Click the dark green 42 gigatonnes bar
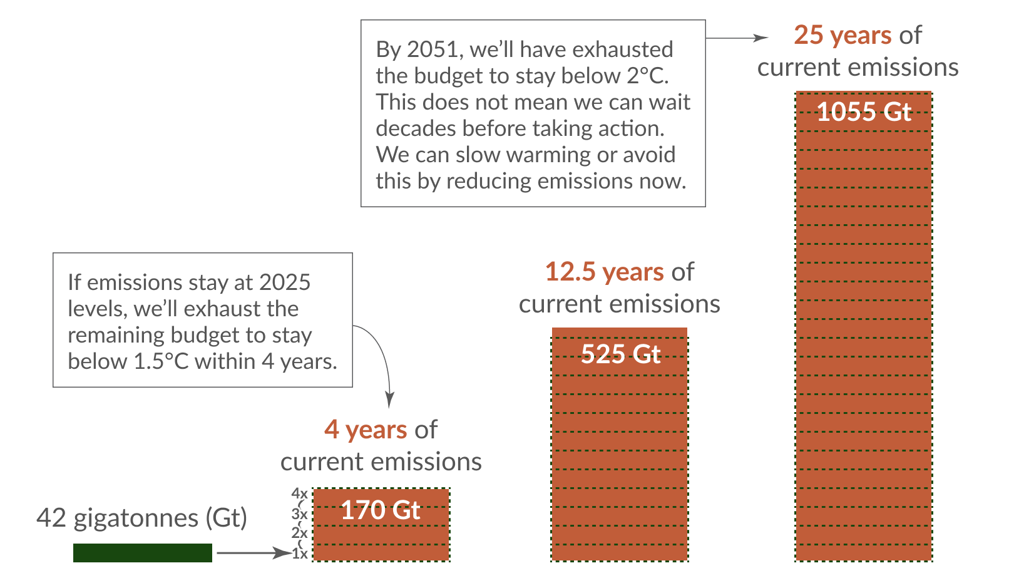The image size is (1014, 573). [x=142, y=552]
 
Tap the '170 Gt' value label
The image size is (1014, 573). [x=380, y=510]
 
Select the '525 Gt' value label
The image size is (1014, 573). [x=620, y=354]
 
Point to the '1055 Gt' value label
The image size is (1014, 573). [x=864, y=112]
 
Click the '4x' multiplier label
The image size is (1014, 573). [x=299, y=493]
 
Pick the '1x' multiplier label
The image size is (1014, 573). [x=300, y=554]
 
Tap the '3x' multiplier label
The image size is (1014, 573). [x=299, y=514]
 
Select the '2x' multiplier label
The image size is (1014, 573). [x=299, y=533]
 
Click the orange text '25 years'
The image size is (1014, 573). [x=842, y=35]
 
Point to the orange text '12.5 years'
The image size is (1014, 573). [x=604, y=272]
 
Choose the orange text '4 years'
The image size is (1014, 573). [x=366, y=430]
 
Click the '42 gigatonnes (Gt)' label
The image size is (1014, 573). [x=141, y=518]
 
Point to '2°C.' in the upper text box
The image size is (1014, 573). [x=648, y=76]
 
